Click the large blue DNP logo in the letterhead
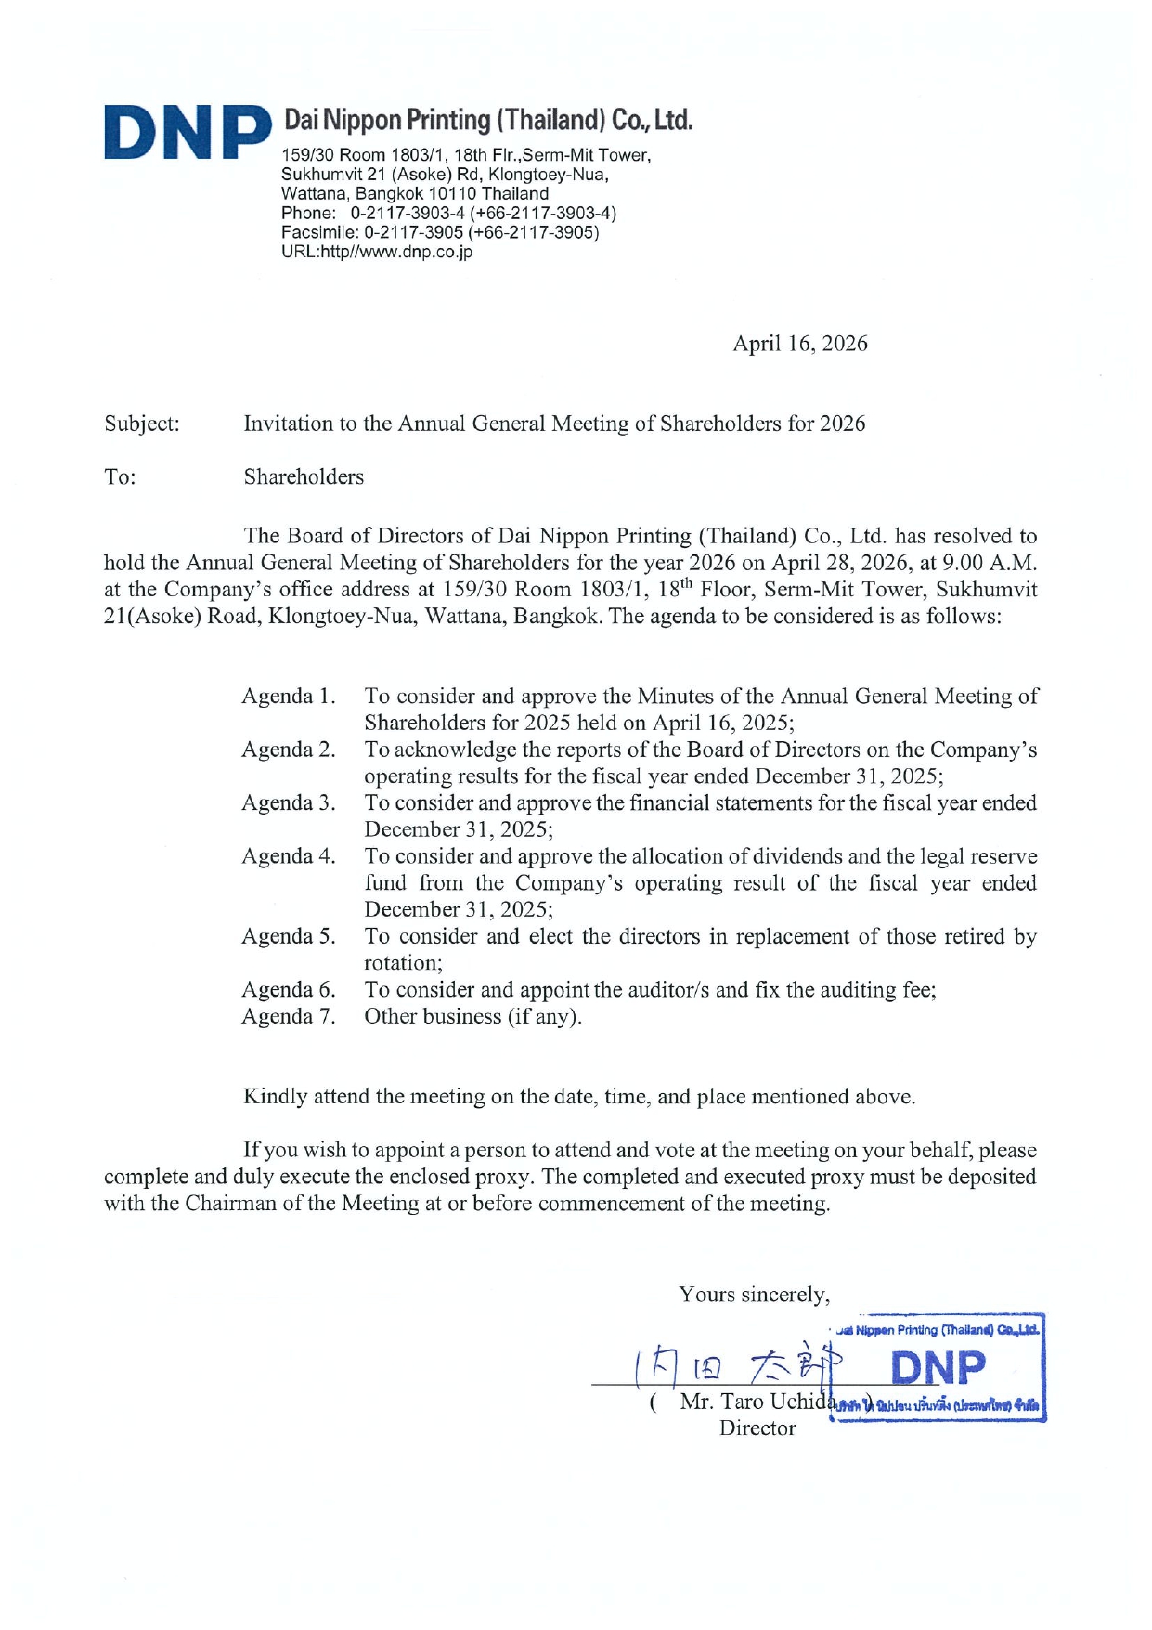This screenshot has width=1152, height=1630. point(186,133)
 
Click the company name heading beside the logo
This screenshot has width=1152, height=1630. point(487,120)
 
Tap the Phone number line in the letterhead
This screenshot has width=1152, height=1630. point(448,213)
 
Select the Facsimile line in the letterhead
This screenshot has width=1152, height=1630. point(440,232)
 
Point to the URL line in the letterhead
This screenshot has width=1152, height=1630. point(377,252)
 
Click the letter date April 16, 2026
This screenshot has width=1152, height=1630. point(799,344)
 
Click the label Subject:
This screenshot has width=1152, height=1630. point(142,424)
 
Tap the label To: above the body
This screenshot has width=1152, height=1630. point(120,477)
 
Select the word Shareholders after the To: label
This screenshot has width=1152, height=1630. point(304,477)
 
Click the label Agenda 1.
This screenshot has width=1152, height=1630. point(288,697)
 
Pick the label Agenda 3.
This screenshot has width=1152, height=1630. point(288,803)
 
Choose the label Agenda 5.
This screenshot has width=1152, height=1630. point(288,936)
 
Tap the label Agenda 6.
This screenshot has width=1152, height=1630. point(288,990)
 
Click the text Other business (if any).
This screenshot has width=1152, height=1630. point(472,1017)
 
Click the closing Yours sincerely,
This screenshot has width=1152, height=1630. point(754,1295)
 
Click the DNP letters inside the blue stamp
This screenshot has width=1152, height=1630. point(938,1368)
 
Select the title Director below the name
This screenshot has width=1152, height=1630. point(757,1428)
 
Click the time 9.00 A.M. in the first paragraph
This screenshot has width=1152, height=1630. point(989,563)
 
